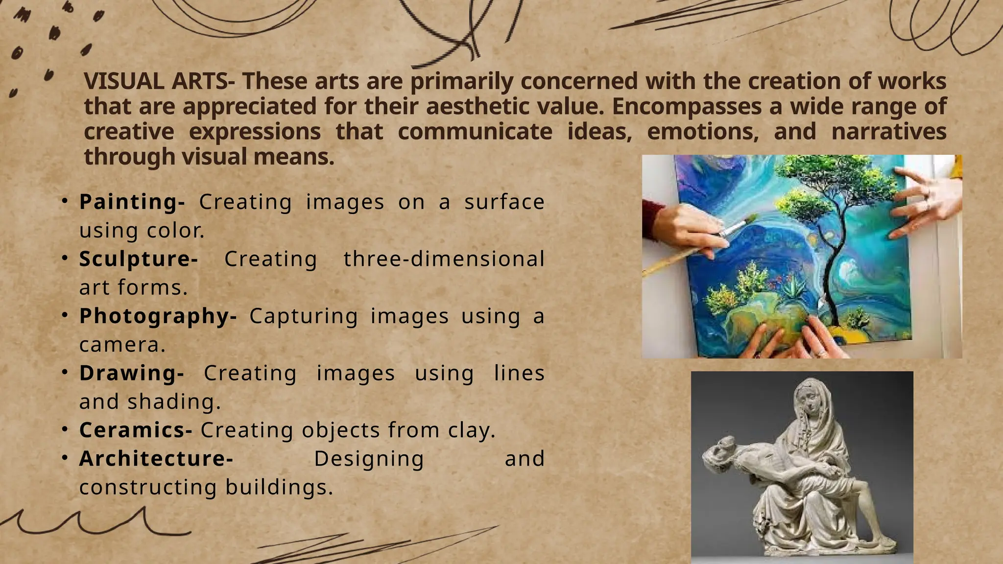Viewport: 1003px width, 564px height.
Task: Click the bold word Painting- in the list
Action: click(132, 202)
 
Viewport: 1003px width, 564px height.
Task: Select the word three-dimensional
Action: click(444, 259)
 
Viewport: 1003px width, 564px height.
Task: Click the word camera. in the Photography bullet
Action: click(122, 345)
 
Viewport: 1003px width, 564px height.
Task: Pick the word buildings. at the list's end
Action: click(279, 487)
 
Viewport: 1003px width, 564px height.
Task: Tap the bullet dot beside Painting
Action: click(65, 201)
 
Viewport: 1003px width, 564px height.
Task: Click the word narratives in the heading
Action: click(888, 132)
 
